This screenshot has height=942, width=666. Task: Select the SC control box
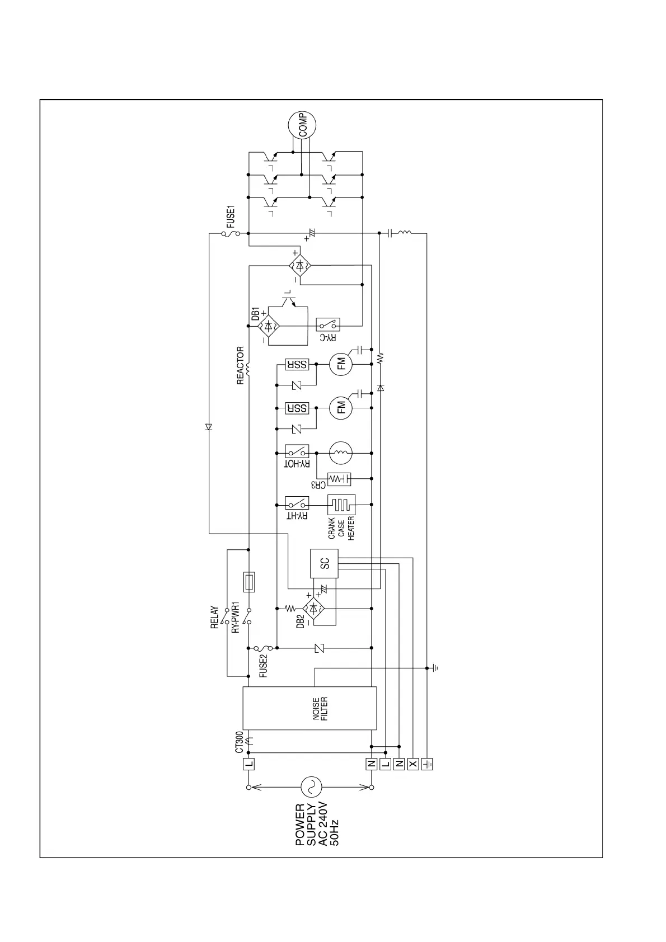pyautogui.click(x=324, y=564)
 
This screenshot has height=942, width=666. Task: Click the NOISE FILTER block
pyautogui.click(x=309, y=708)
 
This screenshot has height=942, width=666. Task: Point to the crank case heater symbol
pyautogui.click(x=341, y=506)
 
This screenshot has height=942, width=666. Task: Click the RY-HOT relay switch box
pyautogui.click(x=297, y=451)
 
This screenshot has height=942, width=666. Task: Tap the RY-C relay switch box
pyautogui.click(x=329, y=324)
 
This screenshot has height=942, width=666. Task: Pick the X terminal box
pyautogui.click(x=413, y=764)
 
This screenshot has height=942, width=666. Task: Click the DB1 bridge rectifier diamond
pyautogui.click(x=269, y=324)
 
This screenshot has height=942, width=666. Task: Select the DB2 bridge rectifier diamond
pyautogui.click(x=314, y=608)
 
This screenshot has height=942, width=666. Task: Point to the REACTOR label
pyautogui.click(x=241, y=366)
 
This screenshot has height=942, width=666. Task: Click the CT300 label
pyautogui.click(x=240, y=742)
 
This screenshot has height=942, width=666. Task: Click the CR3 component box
pyautogui.click(x=339, y=479)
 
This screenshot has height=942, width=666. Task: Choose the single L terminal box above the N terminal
pyautogui.click(x=248, y=764)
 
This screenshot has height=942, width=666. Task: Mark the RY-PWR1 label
pyautogui.click(x=236, y=618)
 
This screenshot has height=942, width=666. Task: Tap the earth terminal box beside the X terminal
pyautogui.click(x=427, y=764)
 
